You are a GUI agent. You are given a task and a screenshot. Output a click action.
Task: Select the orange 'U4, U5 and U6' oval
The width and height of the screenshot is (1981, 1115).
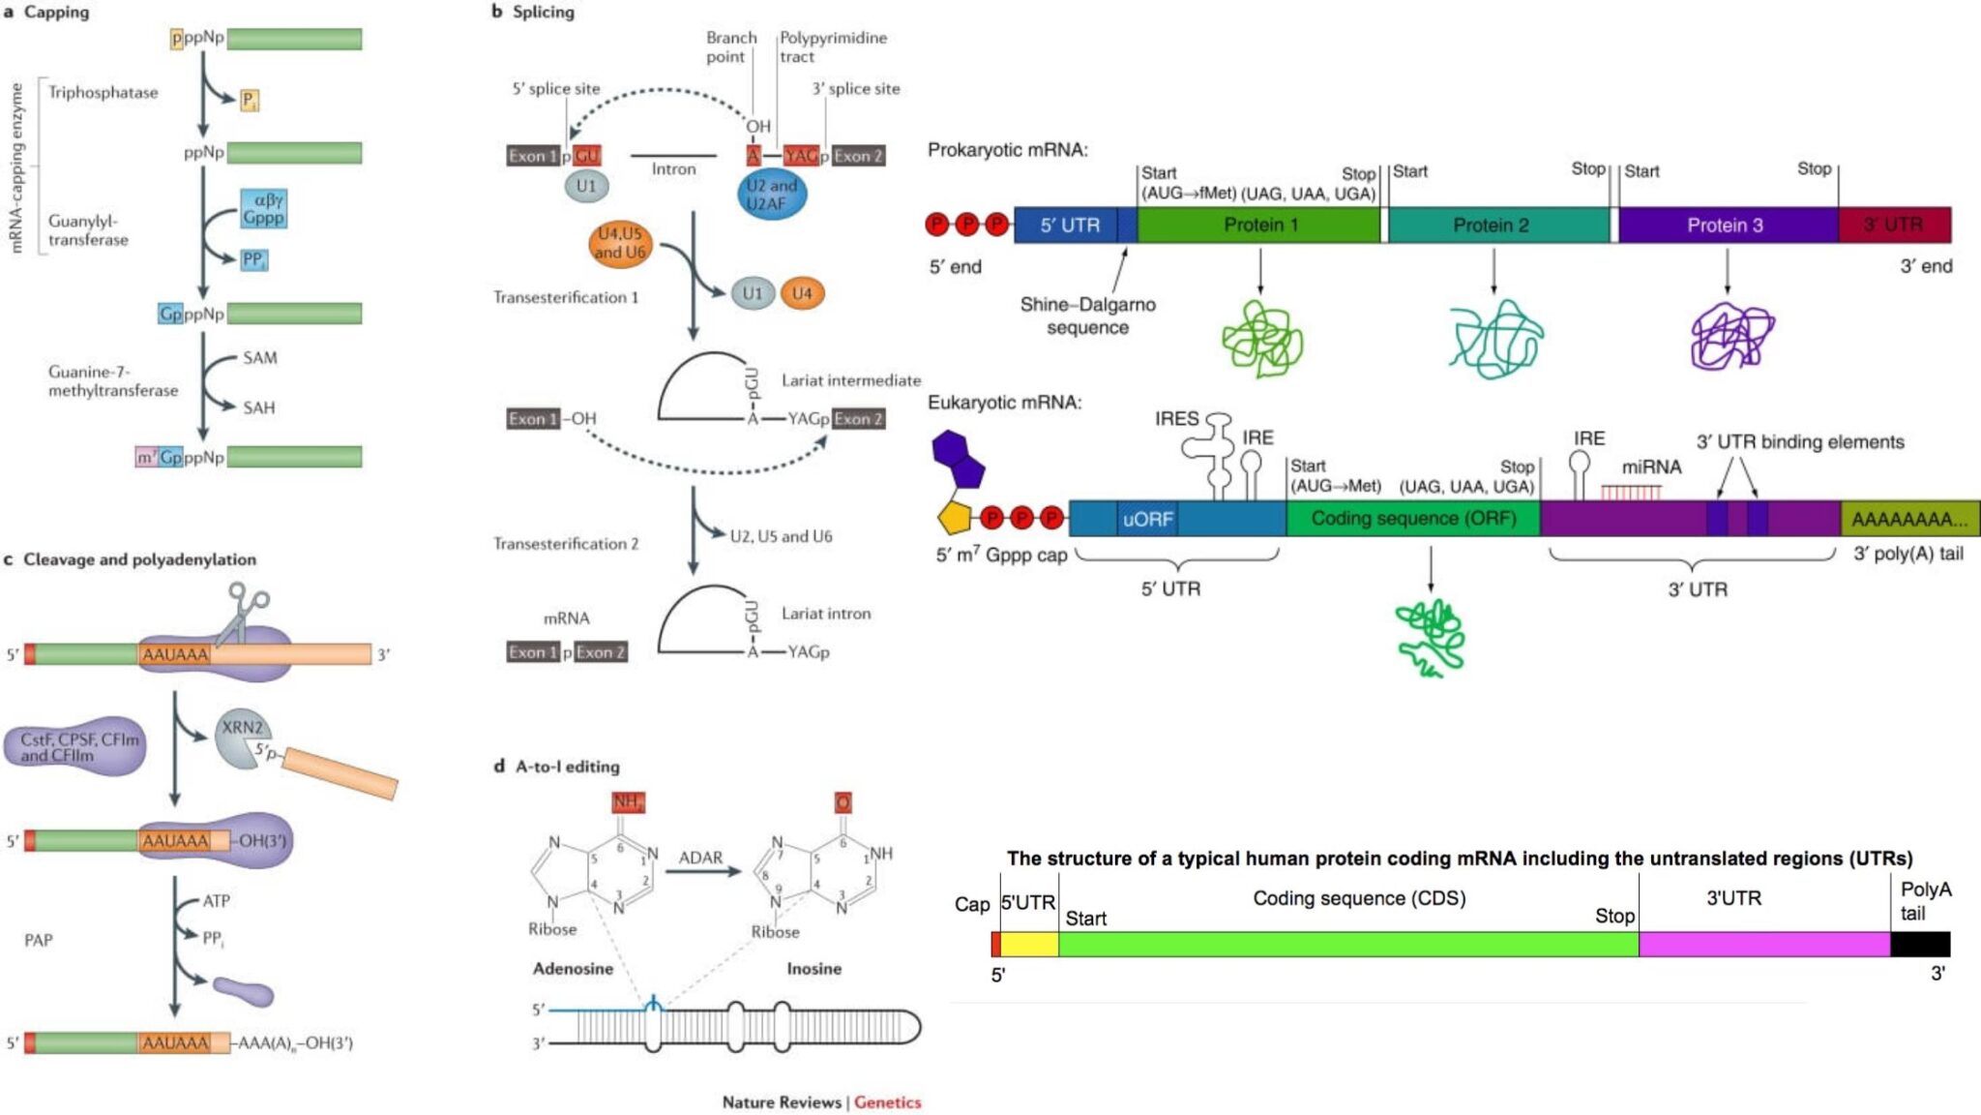pos(619,243)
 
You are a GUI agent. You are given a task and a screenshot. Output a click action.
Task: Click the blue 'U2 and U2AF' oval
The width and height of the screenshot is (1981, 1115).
pos(771,195)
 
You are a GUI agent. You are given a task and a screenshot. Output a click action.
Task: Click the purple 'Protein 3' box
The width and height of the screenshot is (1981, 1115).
pos(1727,226)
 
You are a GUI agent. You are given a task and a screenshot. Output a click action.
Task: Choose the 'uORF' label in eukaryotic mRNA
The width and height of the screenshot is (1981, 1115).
pos(1147,520)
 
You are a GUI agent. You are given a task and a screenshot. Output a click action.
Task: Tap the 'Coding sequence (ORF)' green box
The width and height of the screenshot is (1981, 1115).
pos(1412,519)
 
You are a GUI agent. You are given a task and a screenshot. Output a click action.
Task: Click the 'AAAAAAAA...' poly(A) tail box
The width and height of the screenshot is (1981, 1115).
pos(1908,520)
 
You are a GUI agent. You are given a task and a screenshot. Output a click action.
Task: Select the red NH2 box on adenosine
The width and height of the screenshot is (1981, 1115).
pos(627,802)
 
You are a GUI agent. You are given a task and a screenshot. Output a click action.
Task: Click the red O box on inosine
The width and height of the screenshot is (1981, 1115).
pos(843,802)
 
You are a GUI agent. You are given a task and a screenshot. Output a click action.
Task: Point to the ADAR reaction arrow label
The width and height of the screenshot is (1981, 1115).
pos(700,858)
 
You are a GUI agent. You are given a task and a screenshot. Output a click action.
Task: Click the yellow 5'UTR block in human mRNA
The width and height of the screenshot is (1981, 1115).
pos(1028,945)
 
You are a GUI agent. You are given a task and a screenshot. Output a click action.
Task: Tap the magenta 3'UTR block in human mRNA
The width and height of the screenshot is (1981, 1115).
pos(1763,945)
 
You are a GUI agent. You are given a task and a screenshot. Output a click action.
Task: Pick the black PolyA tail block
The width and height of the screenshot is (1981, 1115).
pos(1920,945)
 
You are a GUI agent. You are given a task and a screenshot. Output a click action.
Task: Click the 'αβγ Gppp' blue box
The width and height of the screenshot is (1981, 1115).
pos(263,209)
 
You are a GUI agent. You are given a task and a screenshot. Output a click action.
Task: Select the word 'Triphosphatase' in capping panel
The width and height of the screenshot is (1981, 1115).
pos(103,93)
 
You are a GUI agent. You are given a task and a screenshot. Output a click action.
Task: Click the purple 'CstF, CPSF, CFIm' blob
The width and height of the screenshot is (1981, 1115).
pos(75,747)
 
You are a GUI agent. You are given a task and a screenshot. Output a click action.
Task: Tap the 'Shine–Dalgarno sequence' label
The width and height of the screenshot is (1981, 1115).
pos(1087,316)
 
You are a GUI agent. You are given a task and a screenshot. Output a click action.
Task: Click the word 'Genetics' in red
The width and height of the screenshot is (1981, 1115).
pos(887,1102)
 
